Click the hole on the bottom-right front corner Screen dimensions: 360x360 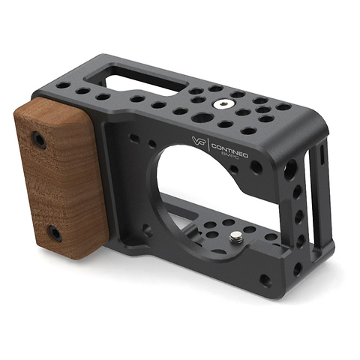pos(264,280)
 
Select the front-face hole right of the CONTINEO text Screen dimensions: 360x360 pos(256,167)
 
